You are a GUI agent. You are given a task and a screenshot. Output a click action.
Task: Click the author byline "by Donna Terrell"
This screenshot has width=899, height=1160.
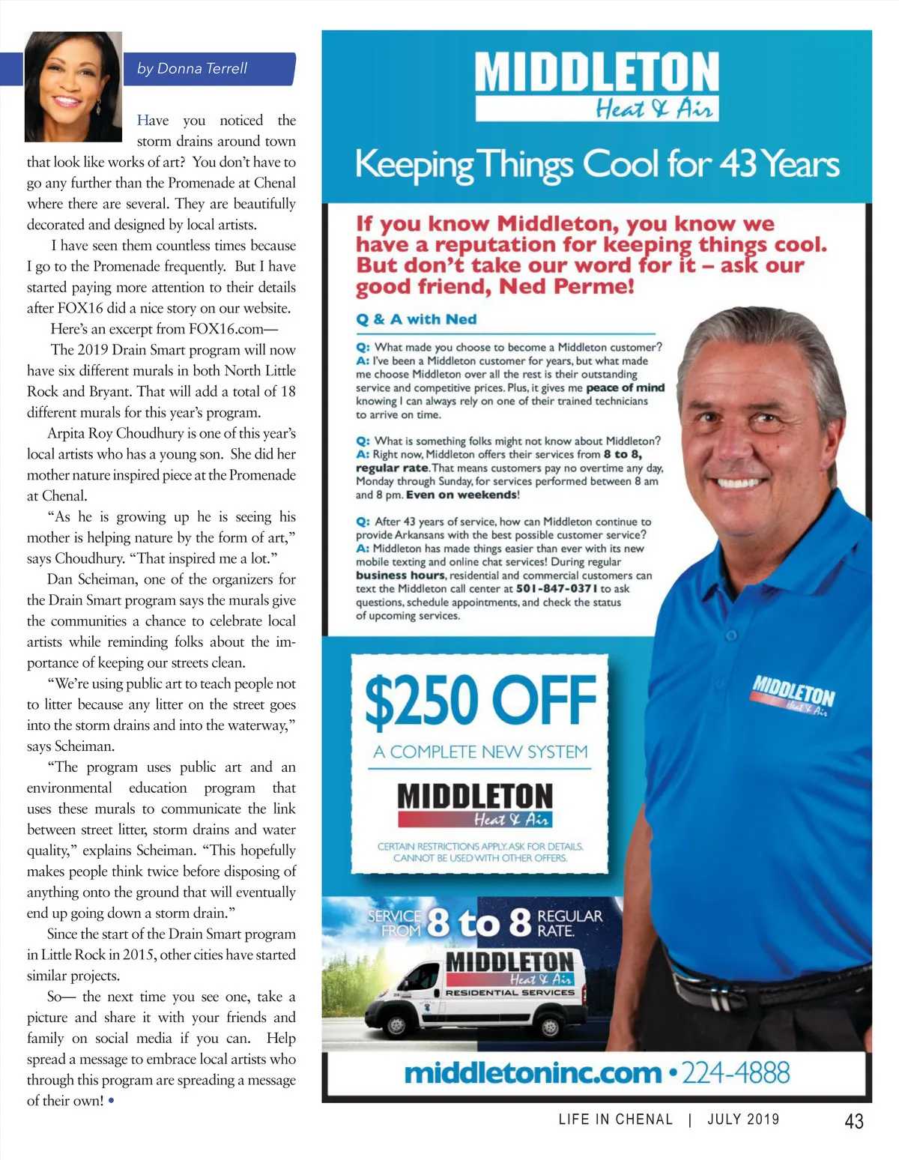click(192, 68)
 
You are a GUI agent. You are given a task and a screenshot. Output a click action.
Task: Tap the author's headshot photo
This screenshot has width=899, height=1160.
click(73, 86)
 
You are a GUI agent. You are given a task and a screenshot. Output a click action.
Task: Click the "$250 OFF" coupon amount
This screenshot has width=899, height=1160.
click(480, 700)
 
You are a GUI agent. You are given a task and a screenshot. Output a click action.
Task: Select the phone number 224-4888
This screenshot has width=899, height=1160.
click(735, 1073)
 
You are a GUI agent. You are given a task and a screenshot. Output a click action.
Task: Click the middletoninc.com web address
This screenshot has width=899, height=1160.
click(533, 1073)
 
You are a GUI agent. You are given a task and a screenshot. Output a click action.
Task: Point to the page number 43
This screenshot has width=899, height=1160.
click(853, 1121)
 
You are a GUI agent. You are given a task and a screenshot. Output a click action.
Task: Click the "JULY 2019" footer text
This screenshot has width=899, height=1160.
click(743, 1120)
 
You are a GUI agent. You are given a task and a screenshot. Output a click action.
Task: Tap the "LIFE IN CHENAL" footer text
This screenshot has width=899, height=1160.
click(616, 1120)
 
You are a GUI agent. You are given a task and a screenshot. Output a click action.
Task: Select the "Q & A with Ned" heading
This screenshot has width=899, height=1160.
click(416, 319)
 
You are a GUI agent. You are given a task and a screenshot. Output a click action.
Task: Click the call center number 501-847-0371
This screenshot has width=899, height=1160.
click(557, 589)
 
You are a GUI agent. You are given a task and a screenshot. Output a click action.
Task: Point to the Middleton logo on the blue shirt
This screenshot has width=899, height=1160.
click(793, 695)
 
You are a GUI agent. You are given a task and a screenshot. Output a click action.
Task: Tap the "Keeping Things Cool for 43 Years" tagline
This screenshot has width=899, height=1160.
click(597, 165)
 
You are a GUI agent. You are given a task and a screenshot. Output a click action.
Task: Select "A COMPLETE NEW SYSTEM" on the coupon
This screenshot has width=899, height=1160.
click(480, 752)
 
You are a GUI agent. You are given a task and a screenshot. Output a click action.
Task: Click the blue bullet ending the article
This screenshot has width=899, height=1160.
click(112, 1101)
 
